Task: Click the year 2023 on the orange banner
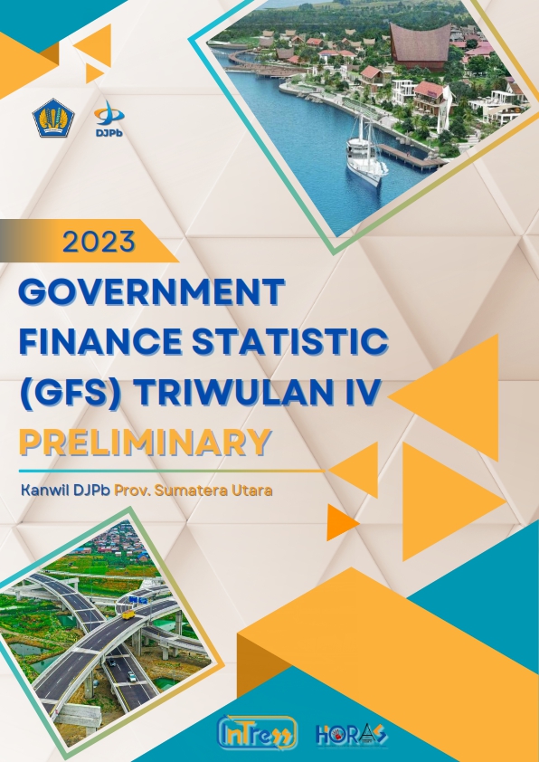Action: tap(99, 242)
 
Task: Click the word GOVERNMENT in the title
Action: tap(151, 291)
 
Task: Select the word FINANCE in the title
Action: tap(100, 341)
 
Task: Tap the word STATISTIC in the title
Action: tap(290, 341)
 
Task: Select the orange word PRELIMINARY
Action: tap(145, 443)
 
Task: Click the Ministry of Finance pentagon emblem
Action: tap(53, 118)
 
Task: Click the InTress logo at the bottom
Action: tap(258, 733)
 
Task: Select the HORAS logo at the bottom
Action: tap(352, 734)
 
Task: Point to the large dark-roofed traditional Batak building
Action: tap(420, 46)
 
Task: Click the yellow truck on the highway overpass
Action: tap(128, 614)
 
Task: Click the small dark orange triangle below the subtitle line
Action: tap(342, 522)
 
